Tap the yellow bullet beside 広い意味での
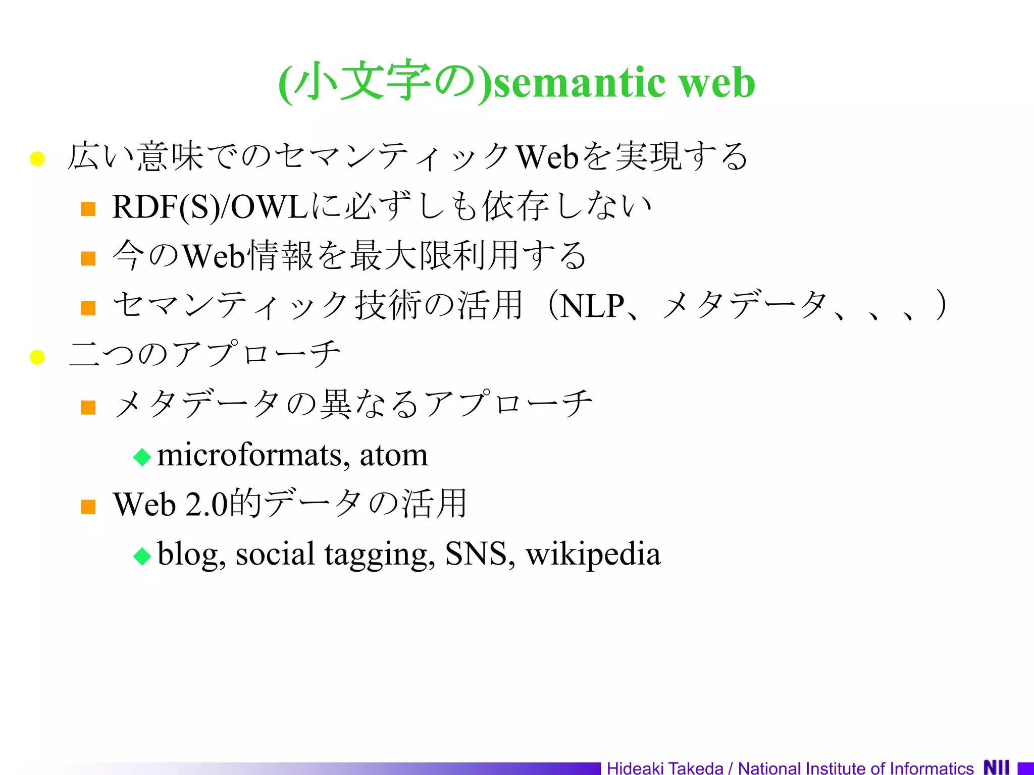point(37,159)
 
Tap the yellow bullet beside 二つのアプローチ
point(37,357)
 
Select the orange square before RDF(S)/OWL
point(88,209)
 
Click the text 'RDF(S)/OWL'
point(210,207)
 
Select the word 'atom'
point(393,455)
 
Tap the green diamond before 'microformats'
point(142,457)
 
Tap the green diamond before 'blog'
point(142,556)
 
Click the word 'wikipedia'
point(593,554)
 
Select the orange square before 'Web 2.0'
point(88,507)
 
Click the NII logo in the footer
point(997,767)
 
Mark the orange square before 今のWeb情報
point(88,258)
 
